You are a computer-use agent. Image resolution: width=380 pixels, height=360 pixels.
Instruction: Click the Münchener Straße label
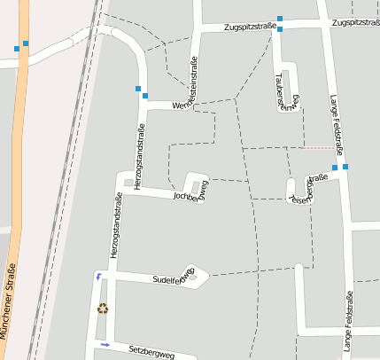(x=10, y=301)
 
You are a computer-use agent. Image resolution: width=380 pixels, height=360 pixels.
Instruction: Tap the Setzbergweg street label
(x=151, y=353)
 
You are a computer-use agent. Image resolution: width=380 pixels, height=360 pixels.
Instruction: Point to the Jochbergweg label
(x=190, y=192)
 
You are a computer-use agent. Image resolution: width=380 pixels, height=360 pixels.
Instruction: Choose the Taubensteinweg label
(x=282, y=90)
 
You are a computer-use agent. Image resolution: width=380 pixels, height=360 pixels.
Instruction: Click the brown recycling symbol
(x=103, y=309)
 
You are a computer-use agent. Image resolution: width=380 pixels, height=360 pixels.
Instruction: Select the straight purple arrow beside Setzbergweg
(x=105, y=343)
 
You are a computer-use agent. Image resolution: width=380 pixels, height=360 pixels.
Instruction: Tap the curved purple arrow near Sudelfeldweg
(x=97, y=277)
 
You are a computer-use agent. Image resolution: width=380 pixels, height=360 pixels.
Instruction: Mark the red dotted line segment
(x=319, y=147)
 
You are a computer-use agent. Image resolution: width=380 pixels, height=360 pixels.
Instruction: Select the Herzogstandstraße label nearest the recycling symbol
(x=116, y=226)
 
